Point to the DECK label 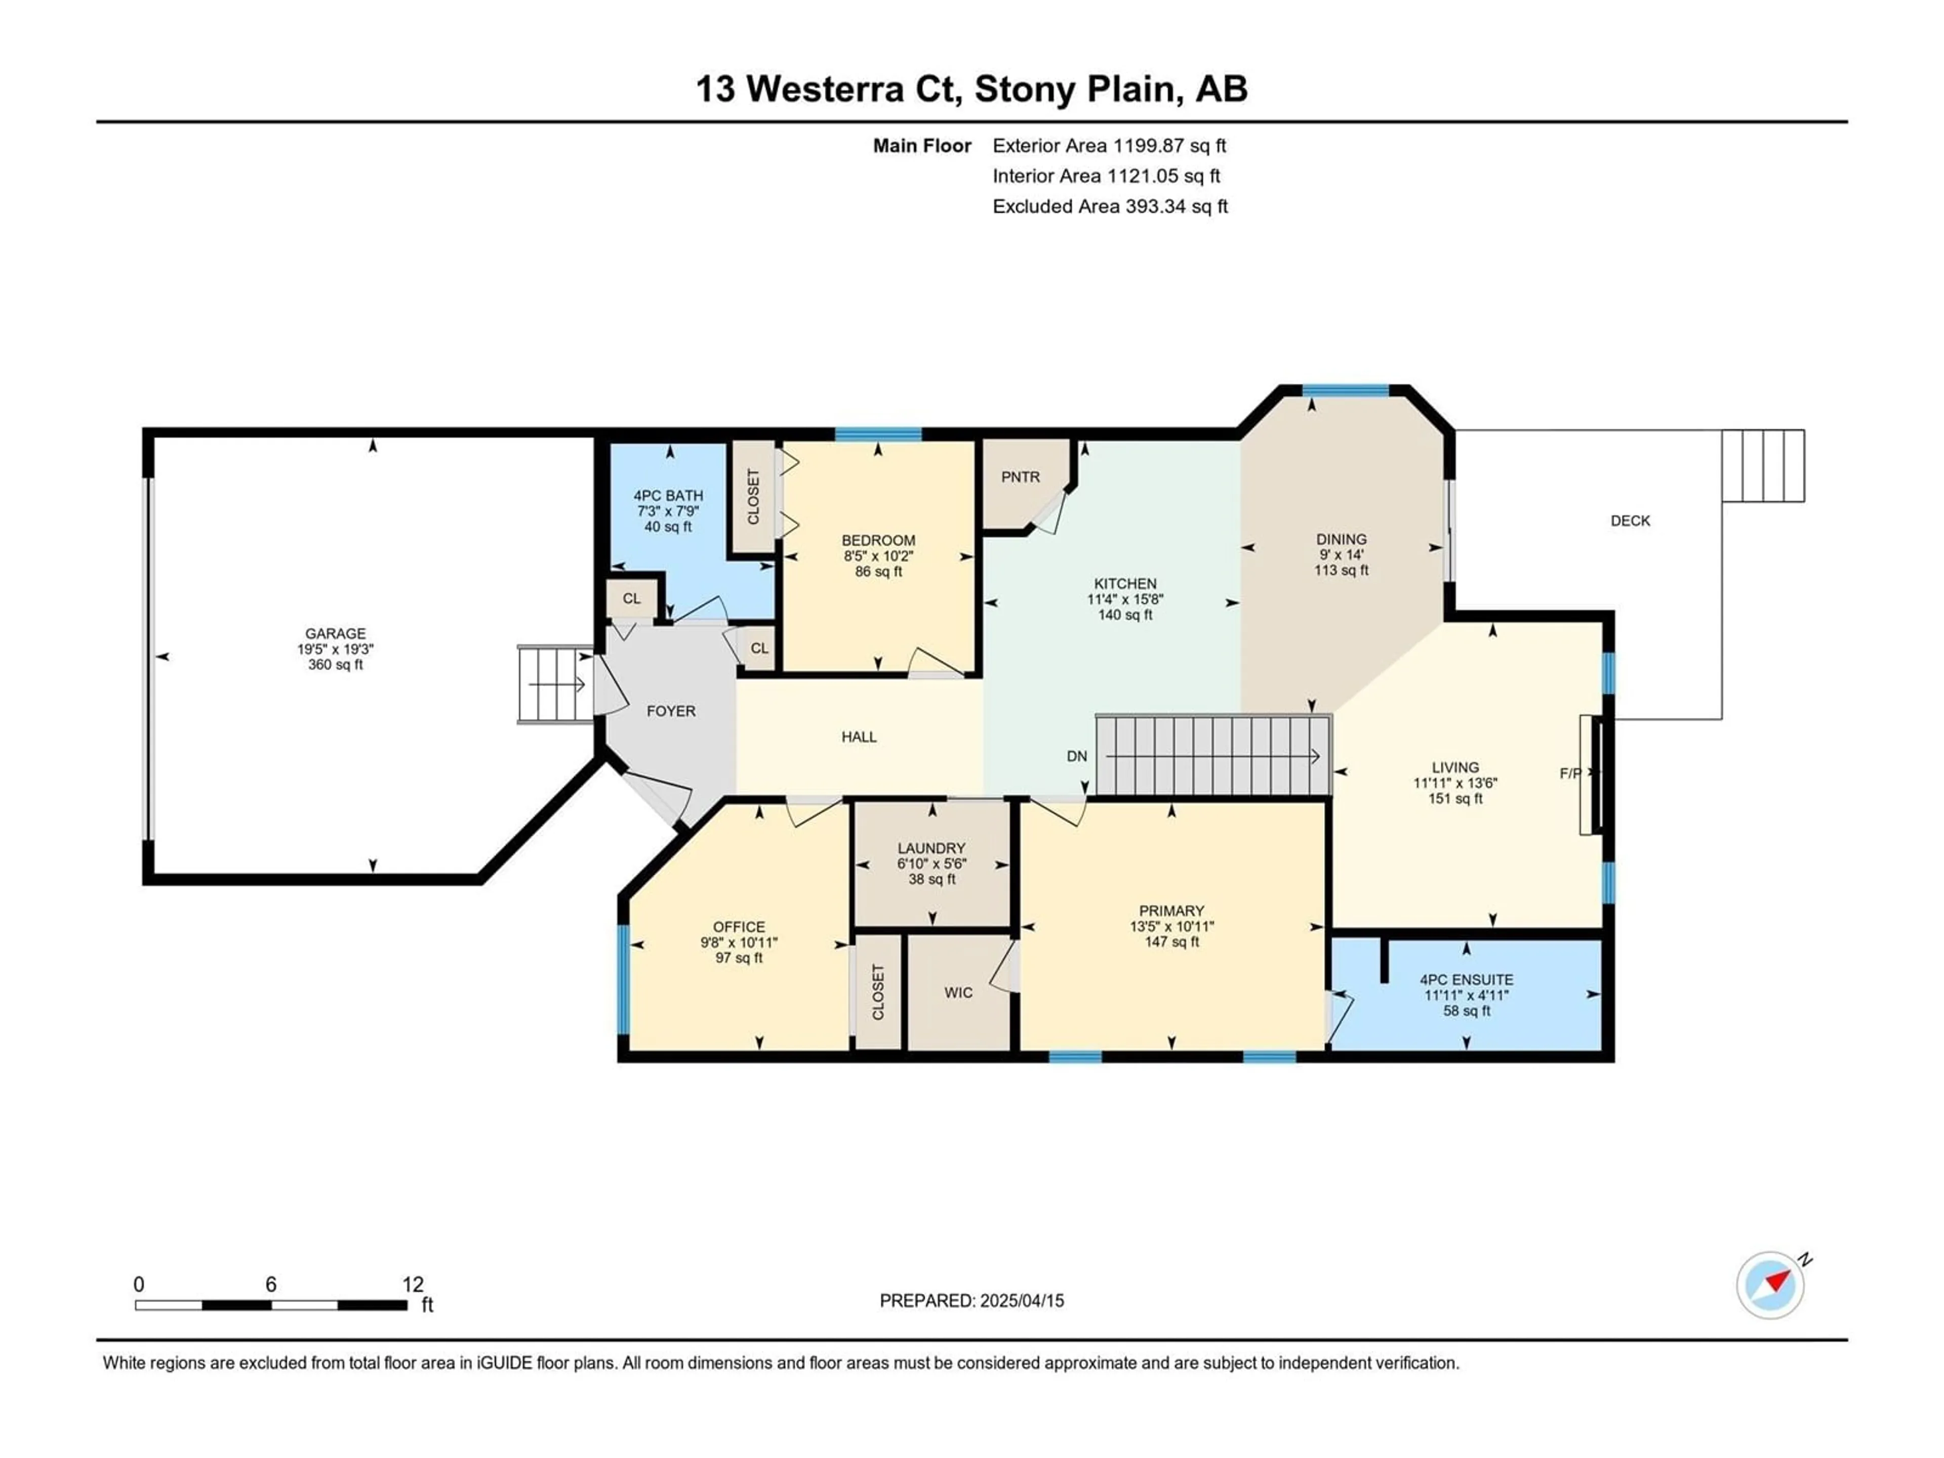click(x=1630, y=521)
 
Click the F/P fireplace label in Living click(x=1570, y=774)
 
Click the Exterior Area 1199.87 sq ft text click(x=1109, y=146)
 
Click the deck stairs click(x=1763, y=466)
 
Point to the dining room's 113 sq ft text click(x=1341, y=571)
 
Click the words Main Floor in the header click(x=922, y=146)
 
